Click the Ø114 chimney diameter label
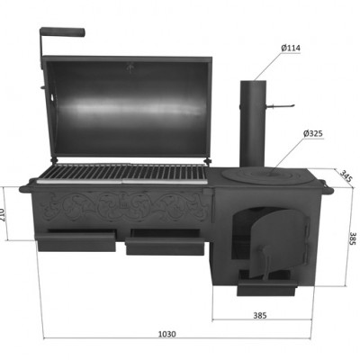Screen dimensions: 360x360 tap(291, 48)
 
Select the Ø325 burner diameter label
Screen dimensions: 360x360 tap(313, 133)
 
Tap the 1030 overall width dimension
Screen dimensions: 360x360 tap(167, 334)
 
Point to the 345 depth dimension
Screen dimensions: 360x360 tap(346, 175)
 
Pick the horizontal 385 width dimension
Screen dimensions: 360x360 tap(260, 315)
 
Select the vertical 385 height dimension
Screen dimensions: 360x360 tap(353, 238)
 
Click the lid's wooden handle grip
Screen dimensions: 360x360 tap(62, 31)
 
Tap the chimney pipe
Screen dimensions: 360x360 tap(253, 123)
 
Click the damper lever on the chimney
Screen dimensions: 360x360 tap(281, 106)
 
